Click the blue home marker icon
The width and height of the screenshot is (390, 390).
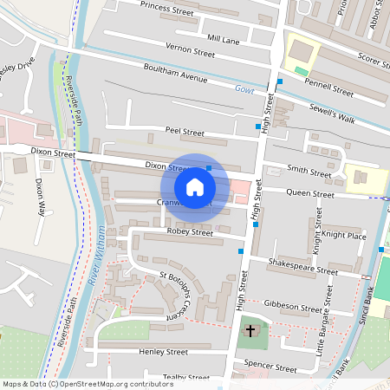[195, 186]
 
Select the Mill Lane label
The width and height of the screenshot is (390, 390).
[224, 40]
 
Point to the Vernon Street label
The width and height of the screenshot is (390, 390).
[189, 53]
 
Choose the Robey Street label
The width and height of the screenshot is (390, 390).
[190, 232]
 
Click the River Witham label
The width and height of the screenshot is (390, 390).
[96, 257]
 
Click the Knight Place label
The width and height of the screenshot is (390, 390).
[344, 236]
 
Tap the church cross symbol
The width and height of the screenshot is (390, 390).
[250, 330]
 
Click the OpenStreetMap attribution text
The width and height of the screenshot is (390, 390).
[87, 383]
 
